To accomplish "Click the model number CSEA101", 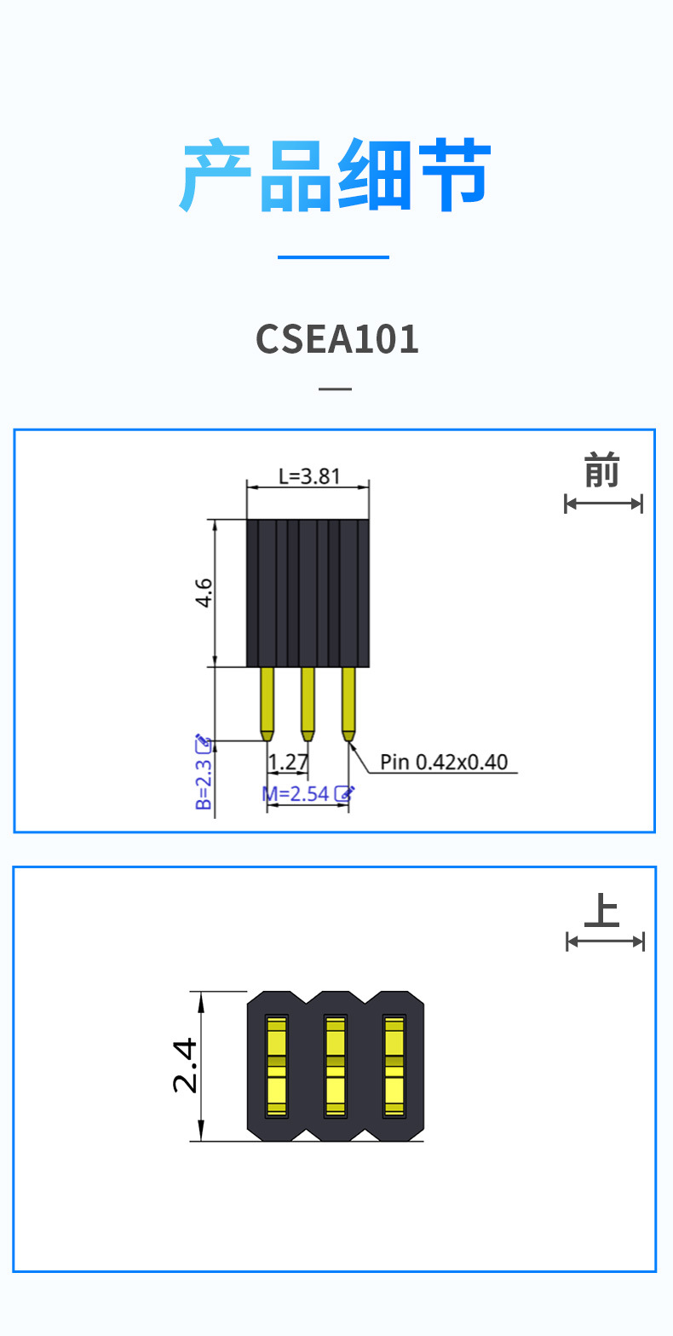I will coord(337,339).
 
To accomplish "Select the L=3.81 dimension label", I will coord(308,475).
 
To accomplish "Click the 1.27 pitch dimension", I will coord(288,760).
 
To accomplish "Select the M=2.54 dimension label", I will coord(296,794).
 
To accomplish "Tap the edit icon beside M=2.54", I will coord(344,793).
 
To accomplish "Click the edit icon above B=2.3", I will coord(203,743).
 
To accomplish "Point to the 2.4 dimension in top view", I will coord(185,1065).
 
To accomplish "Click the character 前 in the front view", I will coord(602,471).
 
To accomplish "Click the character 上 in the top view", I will coord(602,911).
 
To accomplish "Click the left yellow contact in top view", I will coord(276,1066).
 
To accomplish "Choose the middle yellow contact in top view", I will coord(335,1066).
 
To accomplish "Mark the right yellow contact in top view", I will coord(394,1066).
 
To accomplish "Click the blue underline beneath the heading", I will coord(333,256).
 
